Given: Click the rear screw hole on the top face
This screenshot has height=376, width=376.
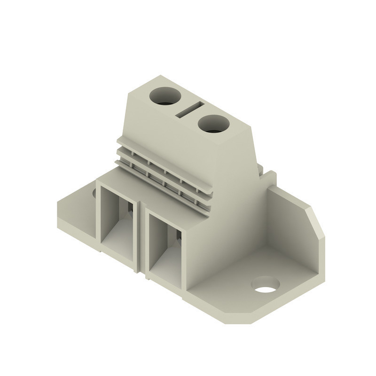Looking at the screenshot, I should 165,96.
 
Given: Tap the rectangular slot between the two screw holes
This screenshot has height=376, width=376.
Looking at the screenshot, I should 189,110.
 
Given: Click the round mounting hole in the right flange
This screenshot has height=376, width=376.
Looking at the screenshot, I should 265,285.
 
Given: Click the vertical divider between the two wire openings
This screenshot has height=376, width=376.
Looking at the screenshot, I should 142,235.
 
